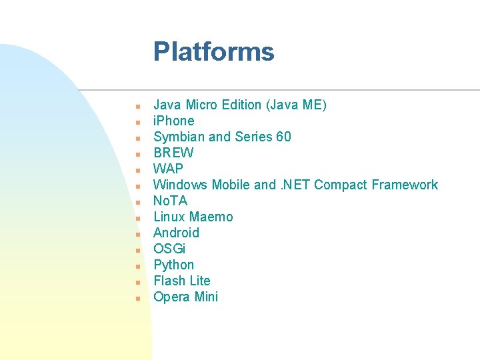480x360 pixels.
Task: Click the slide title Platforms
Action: tap(213, 52)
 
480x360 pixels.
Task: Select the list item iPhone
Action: tap(173, 121)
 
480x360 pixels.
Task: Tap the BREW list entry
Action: tap(173, 153)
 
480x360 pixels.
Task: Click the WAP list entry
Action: tap(168, 169)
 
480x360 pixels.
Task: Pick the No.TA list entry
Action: tap(170, 201)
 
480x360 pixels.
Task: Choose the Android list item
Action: tap(176, 233)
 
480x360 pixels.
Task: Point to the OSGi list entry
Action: tap(169, 249)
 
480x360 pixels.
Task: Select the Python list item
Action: tap(173, 265)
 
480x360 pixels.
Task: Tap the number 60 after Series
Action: tap(283, 137)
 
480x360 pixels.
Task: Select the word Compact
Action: tap(340, 185)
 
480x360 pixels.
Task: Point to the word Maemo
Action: tap(211, 217)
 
